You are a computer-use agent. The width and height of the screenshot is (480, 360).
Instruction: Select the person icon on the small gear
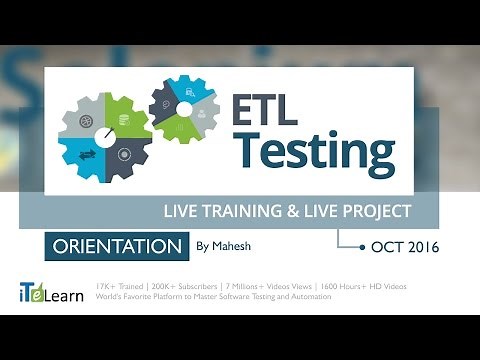tap(201, 111)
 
